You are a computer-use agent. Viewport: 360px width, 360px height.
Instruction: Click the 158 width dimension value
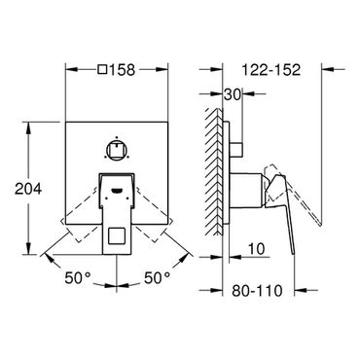click(x=122, y=69)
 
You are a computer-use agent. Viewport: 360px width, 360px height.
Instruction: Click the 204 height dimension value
click(x=28, y=189)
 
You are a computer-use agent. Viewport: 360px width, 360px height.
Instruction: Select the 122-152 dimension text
click(x=271, y=69)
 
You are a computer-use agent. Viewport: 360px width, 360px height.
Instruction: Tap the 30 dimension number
click(x=233, y=94)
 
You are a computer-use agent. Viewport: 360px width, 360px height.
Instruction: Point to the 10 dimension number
click(x=257, y=249)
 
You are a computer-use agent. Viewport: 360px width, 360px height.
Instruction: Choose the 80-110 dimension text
click(x=257, y=291)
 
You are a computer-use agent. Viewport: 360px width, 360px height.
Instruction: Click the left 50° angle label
click(x=78, y=278)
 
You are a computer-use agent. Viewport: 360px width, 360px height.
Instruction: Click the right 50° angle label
click(x=158, y=278)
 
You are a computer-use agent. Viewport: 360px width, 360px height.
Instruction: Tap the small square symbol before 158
click(x=103, y=69)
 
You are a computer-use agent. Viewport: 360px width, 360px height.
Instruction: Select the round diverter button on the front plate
click(x=117, y=149)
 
